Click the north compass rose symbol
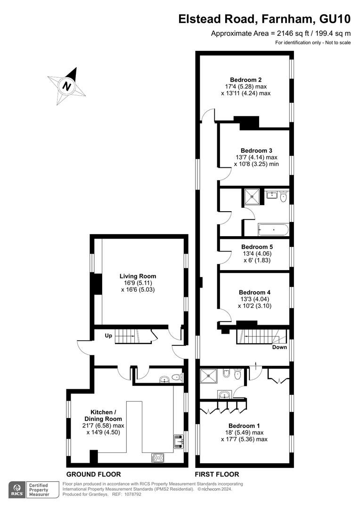coord(66,86)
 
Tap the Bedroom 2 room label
coord(246,80)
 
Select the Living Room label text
coord(138,276)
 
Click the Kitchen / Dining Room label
coord(103,416)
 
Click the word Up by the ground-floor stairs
coord(108,336)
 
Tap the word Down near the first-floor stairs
coord(279,347)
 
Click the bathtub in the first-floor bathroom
coord(273,230)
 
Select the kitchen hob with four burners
coord(158,458)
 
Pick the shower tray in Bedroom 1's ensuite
coord(208,376)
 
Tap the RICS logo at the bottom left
coord(17,490)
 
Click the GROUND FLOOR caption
coord(93,474)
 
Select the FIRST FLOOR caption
coord(217,474)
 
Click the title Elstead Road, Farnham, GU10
coord(264,19)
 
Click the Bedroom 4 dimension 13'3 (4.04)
coord(255,299)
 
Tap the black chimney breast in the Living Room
coord(96,284)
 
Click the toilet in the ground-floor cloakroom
coord(176,378)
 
